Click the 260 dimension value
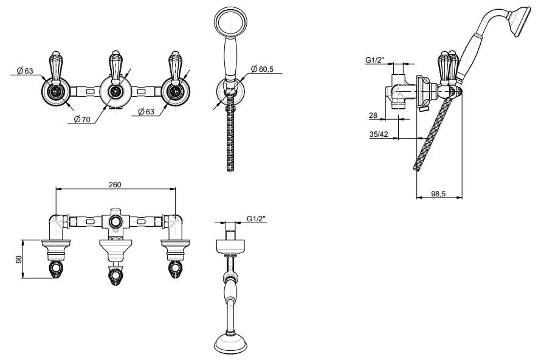[115, 184]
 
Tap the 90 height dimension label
[19, 258]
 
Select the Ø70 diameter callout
[82, 120]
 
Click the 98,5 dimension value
[438, 194]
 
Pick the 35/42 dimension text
[379, 134]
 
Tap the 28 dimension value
[373, 116]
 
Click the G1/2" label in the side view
[374, 60]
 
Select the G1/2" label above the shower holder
[257, 218]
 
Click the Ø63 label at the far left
[25, 71]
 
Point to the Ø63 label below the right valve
[146, 112]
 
